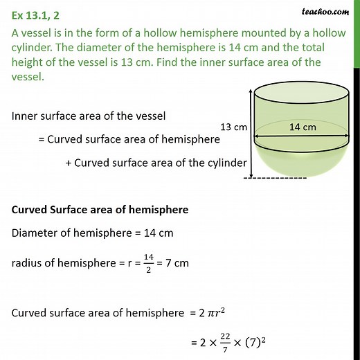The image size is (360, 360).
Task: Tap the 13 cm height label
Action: pos(233,127)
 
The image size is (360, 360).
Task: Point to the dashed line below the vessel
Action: pos(277,179)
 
